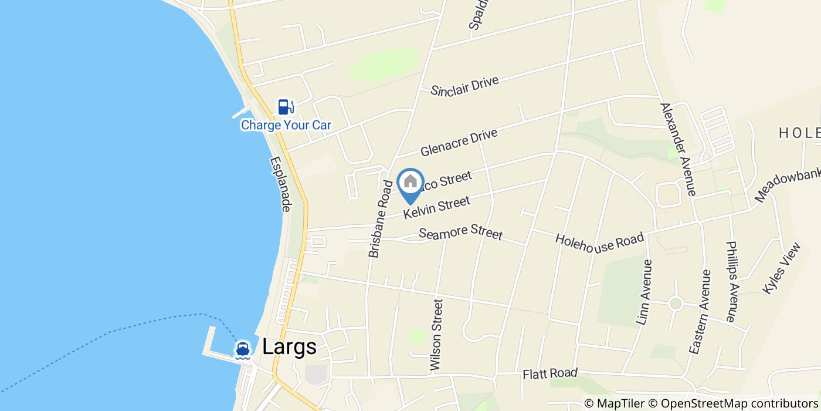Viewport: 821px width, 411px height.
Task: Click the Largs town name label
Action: [x=289, y=347]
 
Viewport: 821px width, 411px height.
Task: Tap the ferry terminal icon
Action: [x=242, y=349]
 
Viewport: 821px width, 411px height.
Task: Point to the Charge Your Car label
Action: [x=286, y=125]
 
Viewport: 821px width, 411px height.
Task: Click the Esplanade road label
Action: [x=281, y=184]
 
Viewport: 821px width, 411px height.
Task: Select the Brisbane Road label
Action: [x=380, y=219]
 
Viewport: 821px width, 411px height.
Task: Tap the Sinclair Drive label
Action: [x=464, y=86]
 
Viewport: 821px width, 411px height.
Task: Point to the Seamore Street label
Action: [x=461, y=231]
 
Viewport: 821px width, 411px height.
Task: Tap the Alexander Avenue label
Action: [x=678, y=149]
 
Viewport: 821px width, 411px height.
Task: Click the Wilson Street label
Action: [x=437, y=335]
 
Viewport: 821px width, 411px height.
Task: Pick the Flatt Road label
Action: [x=550, y=373]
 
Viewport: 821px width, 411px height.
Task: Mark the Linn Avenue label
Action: [x=644, y=292]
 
